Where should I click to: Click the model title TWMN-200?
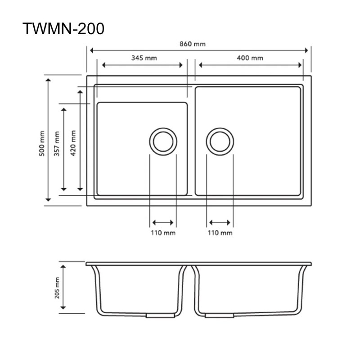[63, 28]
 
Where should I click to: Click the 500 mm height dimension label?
[41, 143]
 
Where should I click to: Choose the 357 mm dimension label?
[57, 144]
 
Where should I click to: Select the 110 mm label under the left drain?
[163, 233]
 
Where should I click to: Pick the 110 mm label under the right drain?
[220, 233]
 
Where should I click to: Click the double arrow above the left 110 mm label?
[163, 222]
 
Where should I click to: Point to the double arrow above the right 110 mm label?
[220, 222]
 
